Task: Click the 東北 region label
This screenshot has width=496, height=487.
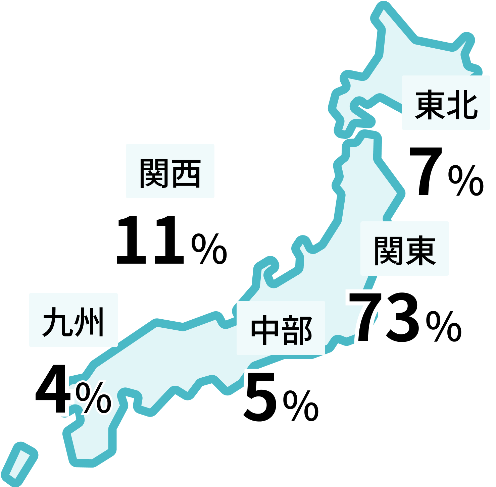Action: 446,103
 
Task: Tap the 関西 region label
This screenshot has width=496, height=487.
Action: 170,171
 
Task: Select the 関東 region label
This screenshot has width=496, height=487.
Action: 404,249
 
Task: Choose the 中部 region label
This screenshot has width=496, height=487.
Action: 281,328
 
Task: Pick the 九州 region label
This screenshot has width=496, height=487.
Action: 73,320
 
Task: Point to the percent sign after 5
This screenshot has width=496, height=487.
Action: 301,405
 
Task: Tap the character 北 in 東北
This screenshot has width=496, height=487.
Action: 463,104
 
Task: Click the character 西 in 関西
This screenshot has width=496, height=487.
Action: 186,172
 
